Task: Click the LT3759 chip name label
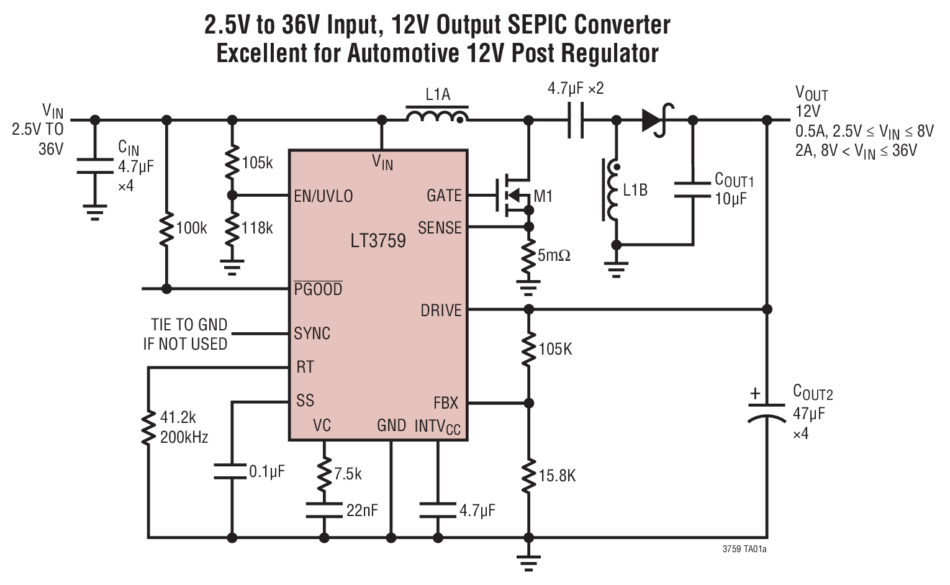378,241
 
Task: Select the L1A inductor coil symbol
437,116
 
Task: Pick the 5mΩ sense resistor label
554,255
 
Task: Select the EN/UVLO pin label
323,196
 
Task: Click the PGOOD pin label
318,289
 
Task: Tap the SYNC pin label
312,333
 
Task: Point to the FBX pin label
446,403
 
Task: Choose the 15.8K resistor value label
557,476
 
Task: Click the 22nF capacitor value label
362,510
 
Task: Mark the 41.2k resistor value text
178,417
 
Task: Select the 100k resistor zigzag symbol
166,229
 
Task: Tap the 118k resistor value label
257,229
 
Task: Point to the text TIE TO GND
189,325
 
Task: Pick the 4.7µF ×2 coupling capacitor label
575,89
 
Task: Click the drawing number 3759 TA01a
744,550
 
